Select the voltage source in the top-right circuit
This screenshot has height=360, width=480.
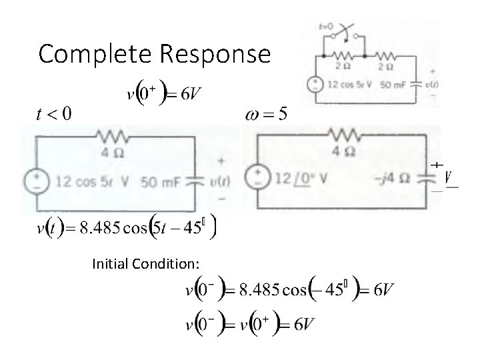pyautogui.click(x=314, y=85)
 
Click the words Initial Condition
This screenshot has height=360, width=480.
pyautogui.click(x=146, y=265)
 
